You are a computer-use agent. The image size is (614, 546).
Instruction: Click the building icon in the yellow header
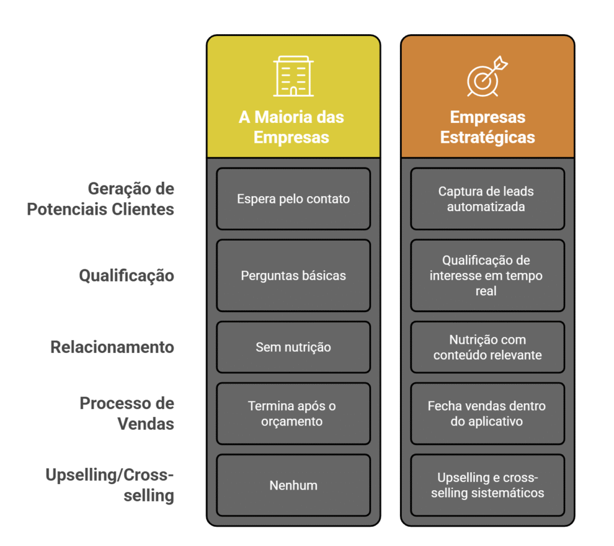tap(293, 76)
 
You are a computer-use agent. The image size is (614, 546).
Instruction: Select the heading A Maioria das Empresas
tap(292, 127)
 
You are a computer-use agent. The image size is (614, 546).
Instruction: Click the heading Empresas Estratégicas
tap(487, 127)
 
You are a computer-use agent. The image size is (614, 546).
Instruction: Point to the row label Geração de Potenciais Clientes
tap(101, 199)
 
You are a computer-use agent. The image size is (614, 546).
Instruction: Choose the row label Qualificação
tap(127, 275)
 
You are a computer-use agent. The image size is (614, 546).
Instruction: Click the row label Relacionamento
tap(112, 347)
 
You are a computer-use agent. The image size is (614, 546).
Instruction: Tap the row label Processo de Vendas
tap(127, 413)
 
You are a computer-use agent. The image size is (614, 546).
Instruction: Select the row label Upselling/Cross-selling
tap(110, 485)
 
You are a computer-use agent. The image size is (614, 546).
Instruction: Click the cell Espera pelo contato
tap(293, 199)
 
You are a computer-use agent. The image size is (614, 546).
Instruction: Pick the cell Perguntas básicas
tap(293, 275)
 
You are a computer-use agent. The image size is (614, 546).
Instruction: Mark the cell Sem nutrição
tap(293, 347)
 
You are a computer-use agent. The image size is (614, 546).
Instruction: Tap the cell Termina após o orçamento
tap(293, 413)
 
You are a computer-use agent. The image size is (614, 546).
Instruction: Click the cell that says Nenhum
tap(293, 485)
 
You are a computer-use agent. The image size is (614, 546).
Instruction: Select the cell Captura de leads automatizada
tap(487, 199)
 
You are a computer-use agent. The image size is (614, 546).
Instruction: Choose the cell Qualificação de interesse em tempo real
tap(487, 275)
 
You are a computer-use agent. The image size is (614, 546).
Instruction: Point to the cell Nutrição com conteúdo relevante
tap(487, 347)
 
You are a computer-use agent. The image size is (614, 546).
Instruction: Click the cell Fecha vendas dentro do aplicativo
tap(487, 413)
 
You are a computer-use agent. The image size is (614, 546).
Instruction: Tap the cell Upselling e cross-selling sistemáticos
tap(487, 485)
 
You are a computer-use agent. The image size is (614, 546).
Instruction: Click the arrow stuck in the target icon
tap(497, 65)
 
